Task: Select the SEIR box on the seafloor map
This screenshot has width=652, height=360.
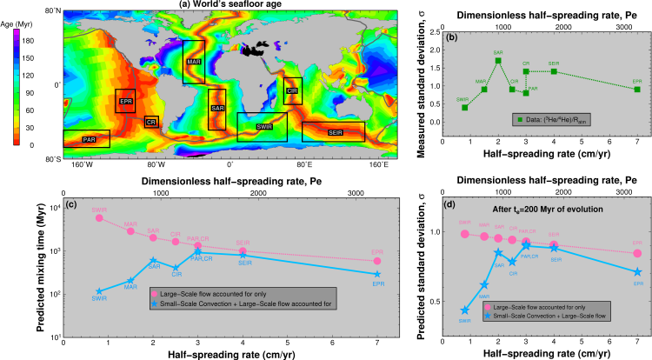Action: [x=334, y=131]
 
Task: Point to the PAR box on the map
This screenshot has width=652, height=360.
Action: [x=90, y=138]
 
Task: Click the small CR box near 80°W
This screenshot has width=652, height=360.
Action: [x=151, y=122]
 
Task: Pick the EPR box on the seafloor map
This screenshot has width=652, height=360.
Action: [x=125, y=102]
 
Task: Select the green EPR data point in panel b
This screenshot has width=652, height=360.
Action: [x=637, y=89]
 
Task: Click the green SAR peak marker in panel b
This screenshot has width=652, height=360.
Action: [x=498, y=60]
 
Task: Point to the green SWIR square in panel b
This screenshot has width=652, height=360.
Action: [x=465, y=107]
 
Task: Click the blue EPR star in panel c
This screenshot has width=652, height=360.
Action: [x=376, y=275]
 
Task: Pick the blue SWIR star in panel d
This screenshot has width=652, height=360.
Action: [x=465, y=310]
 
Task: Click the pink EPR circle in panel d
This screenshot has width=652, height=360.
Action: [x=637, y=253]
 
